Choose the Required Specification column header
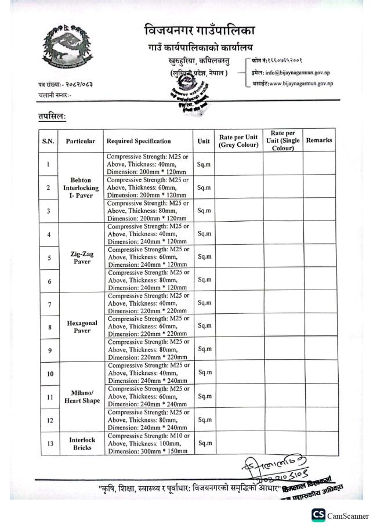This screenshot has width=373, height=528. point(138,141)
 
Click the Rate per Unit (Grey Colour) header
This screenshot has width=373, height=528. point(238,141)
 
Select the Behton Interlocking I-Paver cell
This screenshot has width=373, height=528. point(82,188)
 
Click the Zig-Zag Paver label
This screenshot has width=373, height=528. point(82,257)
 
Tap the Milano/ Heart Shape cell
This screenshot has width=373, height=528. point(82,396)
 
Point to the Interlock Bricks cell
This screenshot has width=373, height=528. point(82,444)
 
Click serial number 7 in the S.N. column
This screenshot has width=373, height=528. point(50,304)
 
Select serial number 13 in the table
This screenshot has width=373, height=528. point(50,444)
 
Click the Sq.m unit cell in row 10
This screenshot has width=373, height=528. point(204,373)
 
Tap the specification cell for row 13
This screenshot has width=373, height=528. point(148,444)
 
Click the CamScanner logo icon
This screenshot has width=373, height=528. point(318,515)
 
